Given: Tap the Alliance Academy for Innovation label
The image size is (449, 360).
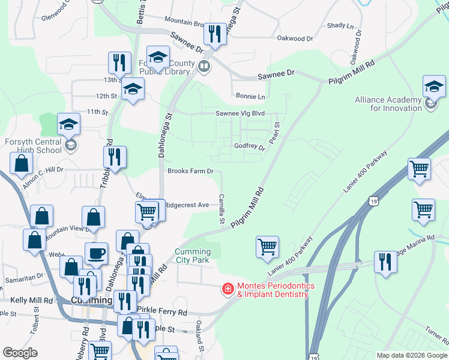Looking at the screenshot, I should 388,104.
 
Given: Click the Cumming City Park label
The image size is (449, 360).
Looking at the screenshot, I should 193,256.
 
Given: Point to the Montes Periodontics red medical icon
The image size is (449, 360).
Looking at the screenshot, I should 228,290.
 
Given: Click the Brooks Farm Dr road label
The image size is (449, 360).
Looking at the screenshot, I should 190,171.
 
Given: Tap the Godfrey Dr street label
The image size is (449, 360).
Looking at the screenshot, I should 249,147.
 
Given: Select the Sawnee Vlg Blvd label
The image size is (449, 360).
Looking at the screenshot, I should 240,113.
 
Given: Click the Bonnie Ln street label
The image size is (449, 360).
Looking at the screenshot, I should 250,96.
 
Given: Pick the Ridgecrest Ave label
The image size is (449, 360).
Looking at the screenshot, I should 187,205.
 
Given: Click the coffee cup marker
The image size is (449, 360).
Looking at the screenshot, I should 96,254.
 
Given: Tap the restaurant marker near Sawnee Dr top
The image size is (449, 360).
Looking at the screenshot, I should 214,34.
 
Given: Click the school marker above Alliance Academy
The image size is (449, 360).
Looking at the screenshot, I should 434,88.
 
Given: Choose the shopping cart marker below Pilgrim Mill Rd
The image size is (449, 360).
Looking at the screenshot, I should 267,247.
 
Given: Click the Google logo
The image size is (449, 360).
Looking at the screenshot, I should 20,353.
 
